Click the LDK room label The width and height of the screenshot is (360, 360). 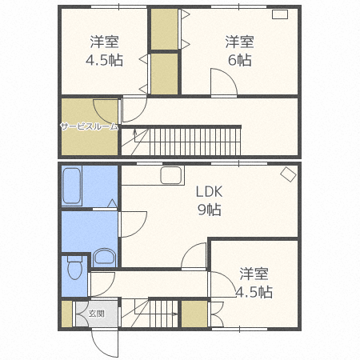coord(209,191)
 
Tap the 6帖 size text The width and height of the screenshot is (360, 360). coord(239,60)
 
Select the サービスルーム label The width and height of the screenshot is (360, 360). coord(89,126)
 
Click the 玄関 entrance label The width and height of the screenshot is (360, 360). coord(96,314)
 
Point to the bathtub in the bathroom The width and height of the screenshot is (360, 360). coord(71,186)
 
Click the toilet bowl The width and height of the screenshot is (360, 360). coord(74,270)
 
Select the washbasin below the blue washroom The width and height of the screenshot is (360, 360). coord(104,257)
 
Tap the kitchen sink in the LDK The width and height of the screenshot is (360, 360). coord(171,175)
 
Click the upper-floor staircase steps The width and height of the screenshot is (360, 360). coord(195,142)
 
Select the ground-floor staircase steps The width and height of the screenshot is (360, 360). coord(163,314)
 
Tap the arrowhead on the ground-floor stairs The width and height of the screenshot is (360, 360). coord(175,314)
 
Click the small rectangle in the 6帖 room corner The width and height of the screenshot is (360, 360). coord(280,14)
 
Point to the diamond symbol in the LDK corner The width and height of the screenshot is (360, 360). coord(288,174)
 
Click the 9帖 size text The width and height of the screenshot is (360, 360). coord(209,210)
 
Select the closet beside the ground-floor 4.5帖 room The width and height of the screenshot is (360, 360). coord(194,314)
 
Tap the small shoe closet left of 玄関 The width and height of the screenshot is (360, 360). coord(67,314)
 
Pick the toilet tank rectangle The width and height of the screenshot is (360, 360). coord(74,258)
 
